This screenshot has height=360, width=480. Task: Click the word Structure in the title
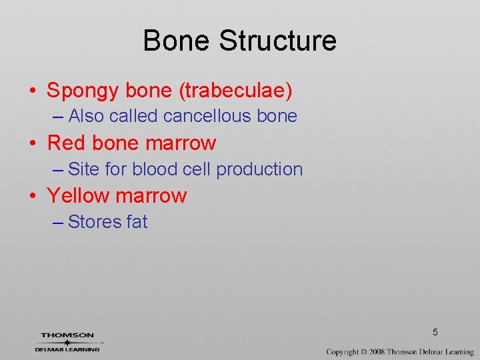pyautogui.click(x=277, y=41)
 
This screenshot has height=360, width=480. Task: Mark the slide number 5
pyautogui.click(x=435, y=332)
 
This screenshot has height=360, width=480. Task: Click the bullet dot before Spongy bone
pyautogui.click(x=31, y=91)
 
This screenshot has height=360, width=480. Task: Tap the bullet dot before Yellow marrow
pyautogui.click(x=31, y=196)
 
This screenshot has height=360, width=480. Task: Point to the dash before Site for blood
pyautogui.click(x=57, y=170)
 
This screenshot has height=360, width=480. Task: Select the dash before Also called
pyautogui.click(x=57, y=117)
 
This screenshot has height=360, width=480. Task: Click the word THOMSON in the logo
pyautogui.click(x=67, y=335)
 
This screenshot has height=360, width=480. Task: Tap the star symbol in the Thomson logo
pyautogui.click(x=67, y=342)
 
